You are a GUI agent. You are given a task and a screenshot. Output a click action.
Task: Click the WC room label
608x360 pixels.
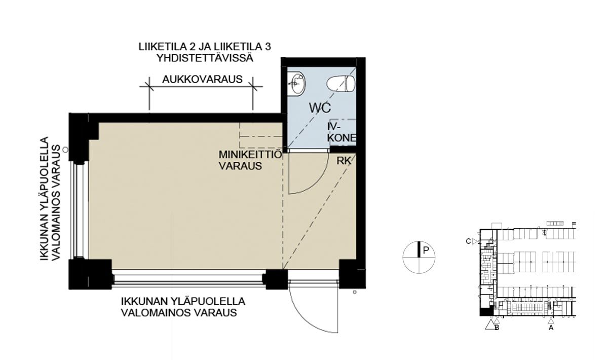pos(320,108)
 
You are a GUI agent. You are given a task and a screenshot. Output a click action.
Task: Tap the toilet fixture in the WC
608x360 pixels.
pos(341,84)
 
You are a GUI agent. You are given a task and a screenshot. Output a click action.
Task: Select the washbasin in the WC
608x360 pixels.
pos(297,84)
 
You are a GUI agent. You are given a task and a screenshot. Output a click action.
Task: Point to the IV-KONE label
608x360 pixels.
pos(341,132)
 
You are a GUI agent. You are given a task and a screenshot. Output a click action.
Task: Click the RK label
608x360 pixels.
pos(344,161)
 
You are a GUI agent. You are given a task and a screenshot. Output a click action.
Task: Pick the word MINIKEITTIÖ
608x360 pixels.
pos(250,155)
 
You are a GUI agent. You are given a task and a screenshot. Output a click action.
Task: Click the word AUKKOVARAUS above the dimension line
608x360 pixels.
pos(202,79)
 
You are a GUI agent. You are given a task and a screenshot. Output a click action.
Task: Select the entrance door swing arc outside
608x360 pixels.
pos(310,315)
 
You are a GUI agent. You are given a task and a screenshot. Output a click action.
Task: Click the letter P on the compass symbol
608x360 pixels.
pos(426,250)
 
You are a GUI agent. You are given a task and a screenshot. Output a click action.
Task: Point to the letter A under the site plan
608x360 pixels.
pos(551,328)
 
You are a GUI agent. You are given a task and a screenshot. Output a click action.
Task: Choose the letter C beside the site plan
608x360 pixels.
pos(468,241)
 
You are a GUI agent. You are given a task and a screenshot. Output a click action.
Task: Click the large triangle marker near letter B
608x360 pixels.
pos(490,325)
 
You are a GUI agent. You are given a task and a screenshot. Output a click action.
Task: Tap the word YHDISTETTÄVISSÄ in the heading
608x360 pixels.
pos(205,58)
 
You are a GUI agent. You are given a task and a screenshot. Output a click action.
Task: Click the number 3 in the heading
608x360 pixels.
pos(268,47)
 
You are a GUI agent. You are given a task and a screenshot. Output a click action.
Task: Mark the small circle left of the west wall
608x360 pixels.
pos(65,150)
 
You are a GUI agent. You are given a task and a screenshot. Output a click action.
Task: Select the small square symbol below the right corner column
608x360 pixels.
pos(355,293)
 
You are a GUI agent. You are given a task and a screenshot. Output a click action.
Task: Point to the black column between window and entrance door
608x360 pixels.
pos(277,279)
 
